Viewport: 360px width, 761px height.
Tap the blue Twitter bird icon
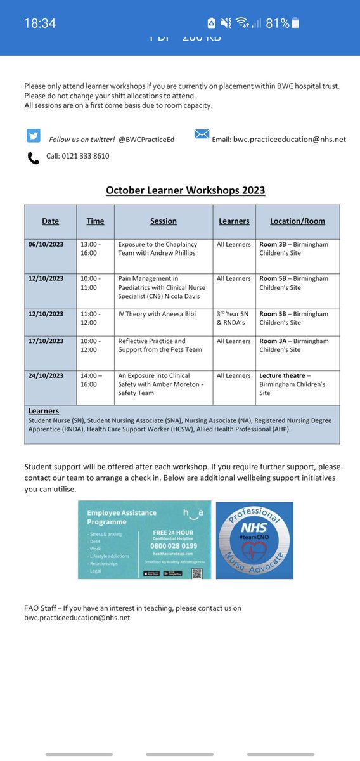pos(34,136)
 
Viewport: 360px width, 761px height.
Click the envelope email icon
pos(202,134)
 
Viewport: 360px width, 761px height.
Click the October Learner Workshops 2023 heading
pos(185,190)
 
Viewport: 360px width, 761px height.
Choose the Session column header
pos(164,221)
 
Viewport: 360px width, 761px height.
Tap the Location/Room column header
pos(297,221)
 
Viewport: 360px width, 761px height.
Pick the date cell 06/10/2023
pos(46,244)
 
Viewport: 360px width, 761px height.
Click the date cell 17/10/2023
pos(46,341)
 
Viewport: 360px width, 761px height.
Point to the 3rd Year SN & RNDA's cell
pos(234,318)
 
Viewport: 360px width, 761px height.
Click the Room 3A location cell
pos(294,345)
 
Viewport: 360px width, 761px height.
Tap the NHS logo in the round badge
pos(254,527)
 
